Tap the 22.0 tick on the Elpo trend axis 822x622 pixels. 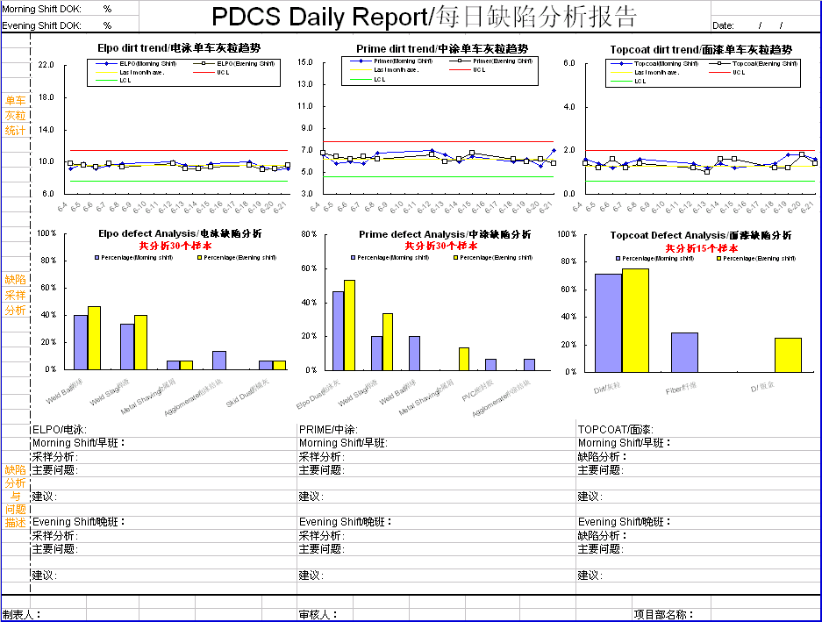pos(46,65)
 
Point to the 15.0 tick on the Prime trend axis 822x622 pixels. pos(305,62)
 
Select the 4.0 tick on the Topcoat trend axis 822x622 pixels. pos(568,107)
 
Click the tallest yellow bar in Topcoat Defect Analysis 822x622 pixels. pos(635,320)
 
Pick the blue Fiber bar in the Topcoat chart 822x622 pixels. pos(684,352)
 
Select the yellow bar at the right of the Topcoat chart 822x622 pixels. pos(788,354)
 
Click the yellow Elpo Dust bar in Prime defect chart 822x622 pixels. pos(349,325)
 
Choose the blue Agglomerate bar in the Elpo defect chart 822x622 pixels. pos(219,360)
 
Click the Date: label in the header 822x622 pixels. pos(724,26)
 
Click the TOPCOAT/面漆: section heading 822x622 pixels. pos(615,430)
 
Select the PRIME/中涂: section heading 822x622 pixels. pos(329,430)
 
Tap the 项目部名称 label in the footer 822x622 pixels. pos(664,615)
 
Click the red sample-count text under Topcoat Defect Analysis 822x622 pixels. pos(701,248)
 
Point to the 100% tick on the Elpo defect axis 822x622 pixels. pos(46,234)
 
